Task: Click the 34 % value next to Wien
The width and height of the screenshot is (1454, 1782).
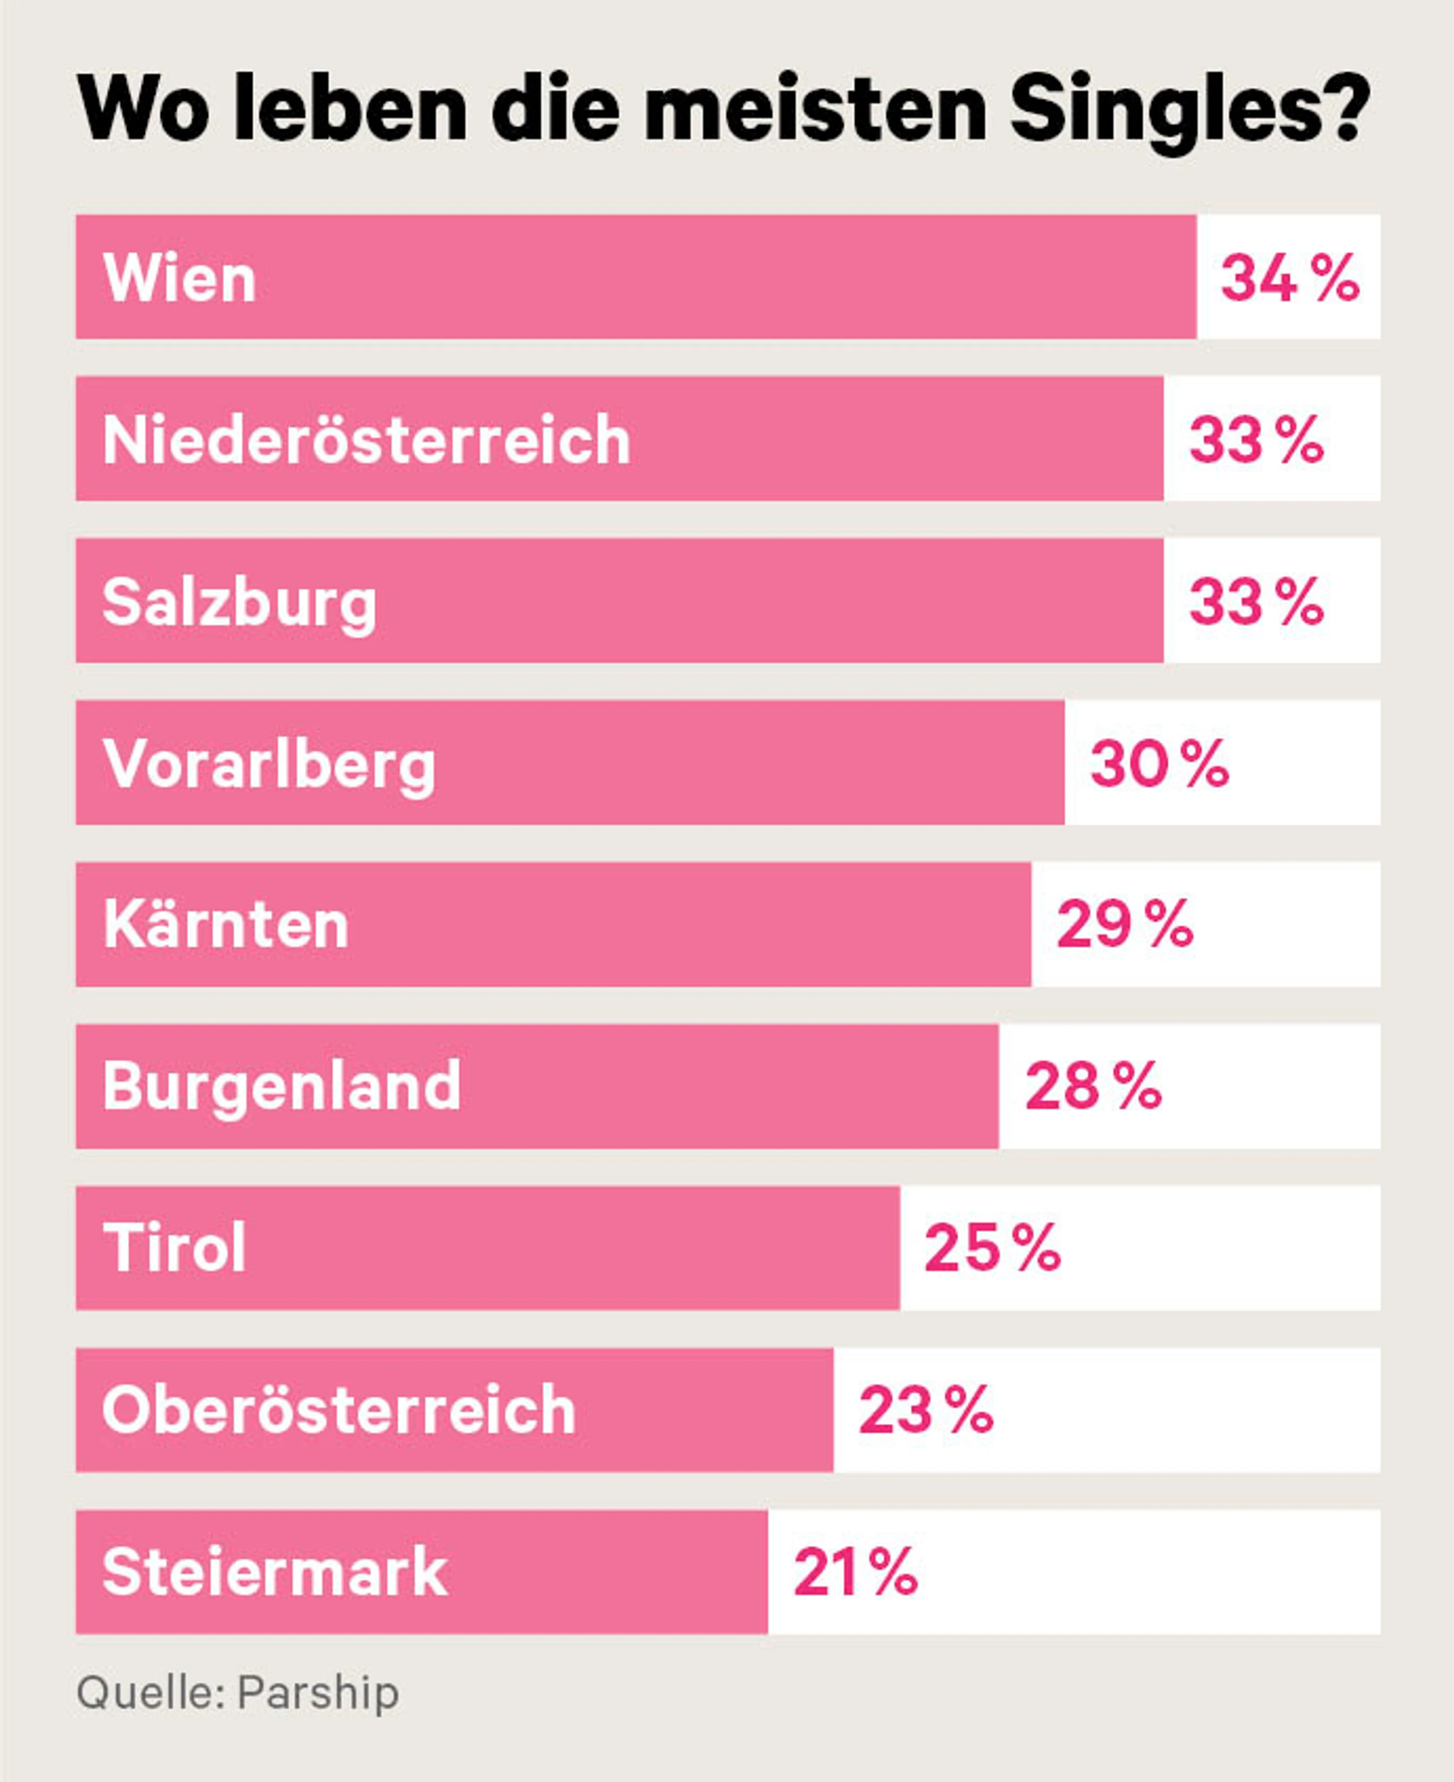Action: click(x=1290, y=278)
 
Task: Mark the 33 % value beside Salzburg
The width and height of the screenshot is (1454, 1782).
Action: click(x=1256, y=601)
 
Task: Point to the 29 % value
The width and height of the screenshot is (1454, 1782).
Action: click(x=1125, y=925)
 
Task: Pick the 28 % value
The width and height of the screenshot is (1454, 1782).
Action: click(x=1093, y=1086)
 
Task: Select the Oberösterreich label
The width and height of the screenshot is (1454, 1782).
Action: click(x=339, y=1409)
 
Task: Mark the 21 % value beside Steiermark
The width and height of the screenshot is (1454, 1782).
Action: click(x=855, y=1572)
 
